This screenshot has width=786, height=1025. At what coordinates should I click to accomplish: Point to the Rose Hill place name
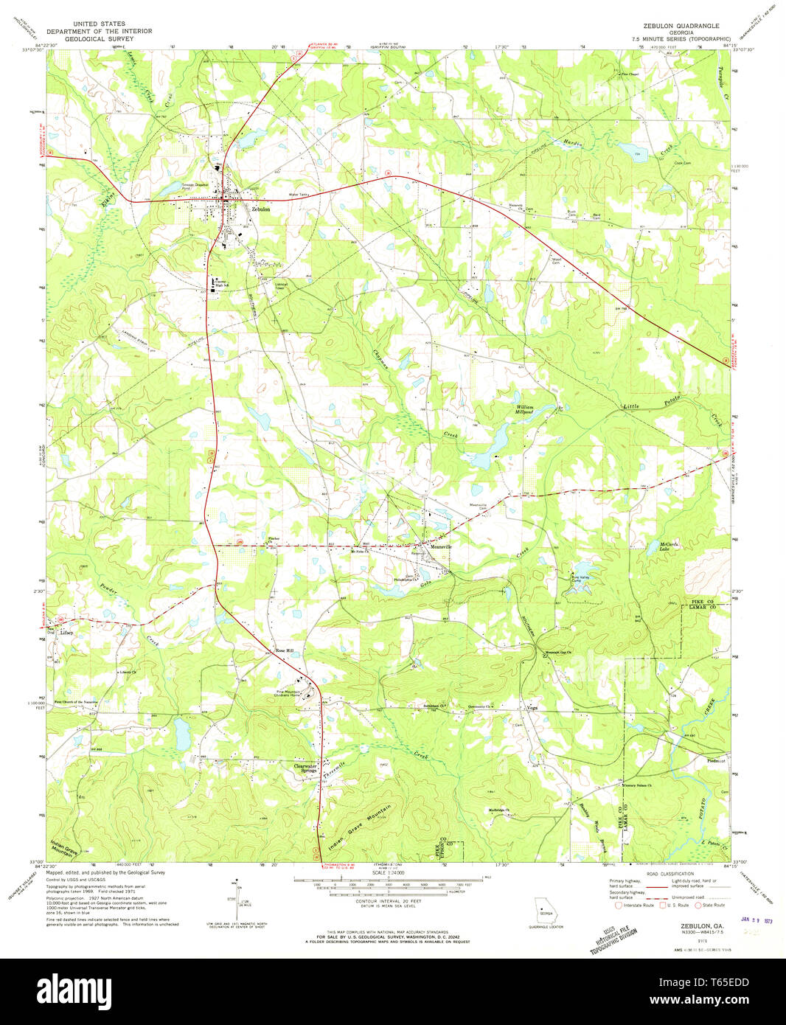coord(284,651)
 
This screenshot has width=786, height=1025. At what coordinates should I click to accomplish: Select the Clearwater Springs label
coord(305,768)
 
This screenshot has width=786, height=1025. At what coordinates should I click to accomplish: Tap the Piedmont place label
coord(716,760)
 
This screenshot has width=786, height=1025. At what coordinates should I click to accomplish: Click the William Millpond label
coord(524,409)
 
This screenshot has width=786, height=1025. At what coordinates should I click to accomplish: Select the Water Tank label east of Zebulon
coord(298,195)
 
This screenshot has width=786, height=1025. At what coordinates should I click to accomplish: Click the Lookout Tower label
coord(280,286)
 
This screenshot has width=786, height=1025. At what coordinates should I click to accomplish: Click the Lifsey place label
coord(67,632)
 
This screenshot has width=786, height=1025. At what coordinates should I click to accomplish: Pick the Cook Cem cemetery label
coord(681,163)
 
